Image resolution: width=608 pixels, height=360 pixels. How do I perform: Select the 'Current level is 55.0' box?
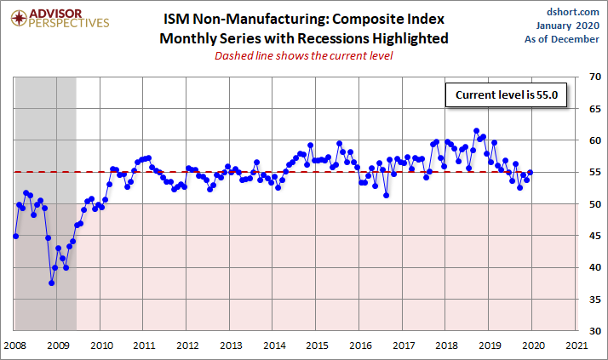(505, 96)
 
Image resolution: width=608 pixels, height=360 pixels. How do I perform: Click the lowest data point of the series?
(51, 283)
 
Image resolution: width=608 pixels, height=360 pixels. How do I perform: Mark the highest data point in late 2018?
(476, 131)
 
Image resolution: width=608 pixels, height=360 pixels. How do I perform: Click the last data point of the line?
(531, 173)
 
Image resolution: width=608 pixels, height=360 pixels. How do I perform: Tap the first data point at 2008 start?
(15, 236)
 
